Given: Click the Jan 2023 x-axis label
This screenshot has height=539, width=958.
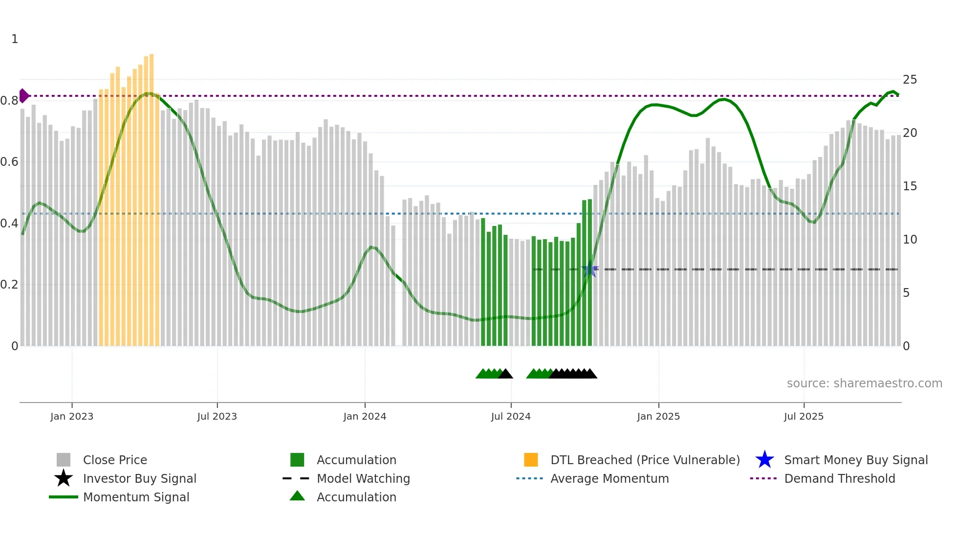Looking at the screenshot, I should (71, 416).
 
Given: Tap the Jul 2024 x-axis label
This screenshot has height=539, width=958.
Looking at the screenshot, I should (511, 416).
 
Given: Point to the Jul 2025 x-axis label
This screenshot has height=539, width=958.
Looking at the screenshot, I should (804, 416).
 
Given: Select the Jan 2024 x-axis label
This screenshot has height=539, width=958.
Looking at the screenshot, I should (365, 416).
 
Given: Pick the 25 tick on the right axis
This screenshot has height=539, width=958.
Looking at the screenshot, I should (910, 80).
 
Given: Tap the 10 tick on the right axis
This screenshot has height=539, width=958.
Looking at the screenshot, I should (910, 240).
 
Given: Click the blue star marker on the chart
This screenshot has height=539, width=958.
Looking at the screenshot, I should (590, 269).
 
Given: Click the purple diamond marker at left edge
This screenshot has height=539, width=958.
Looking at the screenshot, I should (23, 96).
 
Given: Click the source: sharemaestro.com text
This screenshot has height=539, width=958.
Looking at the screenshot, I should (864, 383).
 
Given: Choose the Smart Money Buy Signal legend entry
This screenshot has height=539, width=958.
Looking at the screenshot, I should (855, 460).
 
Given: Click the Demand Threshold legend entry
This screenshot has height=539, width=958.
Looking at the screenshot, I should (839, 478).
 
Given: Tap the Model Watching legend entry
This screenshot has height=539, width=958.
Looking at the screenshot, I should (363, 478).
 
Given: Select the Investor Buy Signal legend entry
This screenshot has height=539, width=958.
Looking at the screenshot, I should (139, 478).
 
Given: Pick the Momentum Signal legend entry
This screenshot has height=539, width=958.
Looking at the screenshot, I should (136, 497).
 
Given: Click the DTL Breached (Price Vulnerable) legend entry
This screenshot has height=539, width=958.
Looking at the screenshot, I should (645, 460).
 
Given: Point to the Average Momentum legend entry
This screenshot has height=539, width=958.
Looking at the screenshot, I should (609, 478).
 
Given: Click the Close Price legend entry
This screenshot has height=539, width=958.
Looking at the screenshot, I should (115, 460).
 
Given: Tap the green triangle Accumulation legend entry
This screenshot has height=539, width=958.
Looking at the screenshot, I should (356, 497).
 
